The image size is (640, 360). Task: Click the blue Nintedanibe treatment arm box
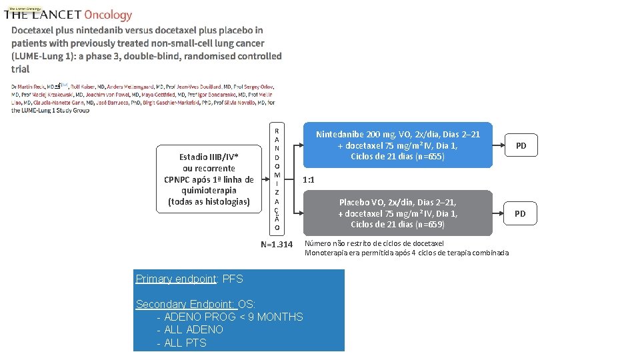[397, 145]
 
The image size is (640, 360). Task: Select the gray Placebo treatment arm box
[397, 213]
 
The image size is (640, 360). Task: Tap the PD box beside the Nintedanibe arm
[521, 145]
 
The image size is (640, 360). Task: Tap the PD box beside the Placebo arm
[520, 213]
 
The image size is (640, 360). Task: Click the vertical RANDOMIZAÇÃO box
[277, 179]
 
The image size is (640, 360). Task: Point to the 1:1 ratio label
[309, 180]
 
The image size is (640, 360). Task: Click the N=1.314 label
[276, 245]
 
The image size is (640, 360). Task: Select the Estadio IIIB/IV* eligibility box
[209, 179]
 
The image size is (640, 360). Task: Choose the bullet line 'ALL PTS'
[185, 343]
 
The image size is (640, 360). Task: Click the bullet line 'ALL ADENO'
[193, 329]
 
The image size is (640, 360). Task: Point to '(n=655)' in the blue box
[426, 157]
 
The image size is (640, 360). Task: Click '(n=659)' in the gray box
[426, 225]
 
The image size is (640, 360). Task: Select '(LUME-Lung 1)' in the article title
[42, 56]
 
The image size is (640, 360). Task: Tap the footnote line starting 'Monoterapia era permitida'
[406, 253]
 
